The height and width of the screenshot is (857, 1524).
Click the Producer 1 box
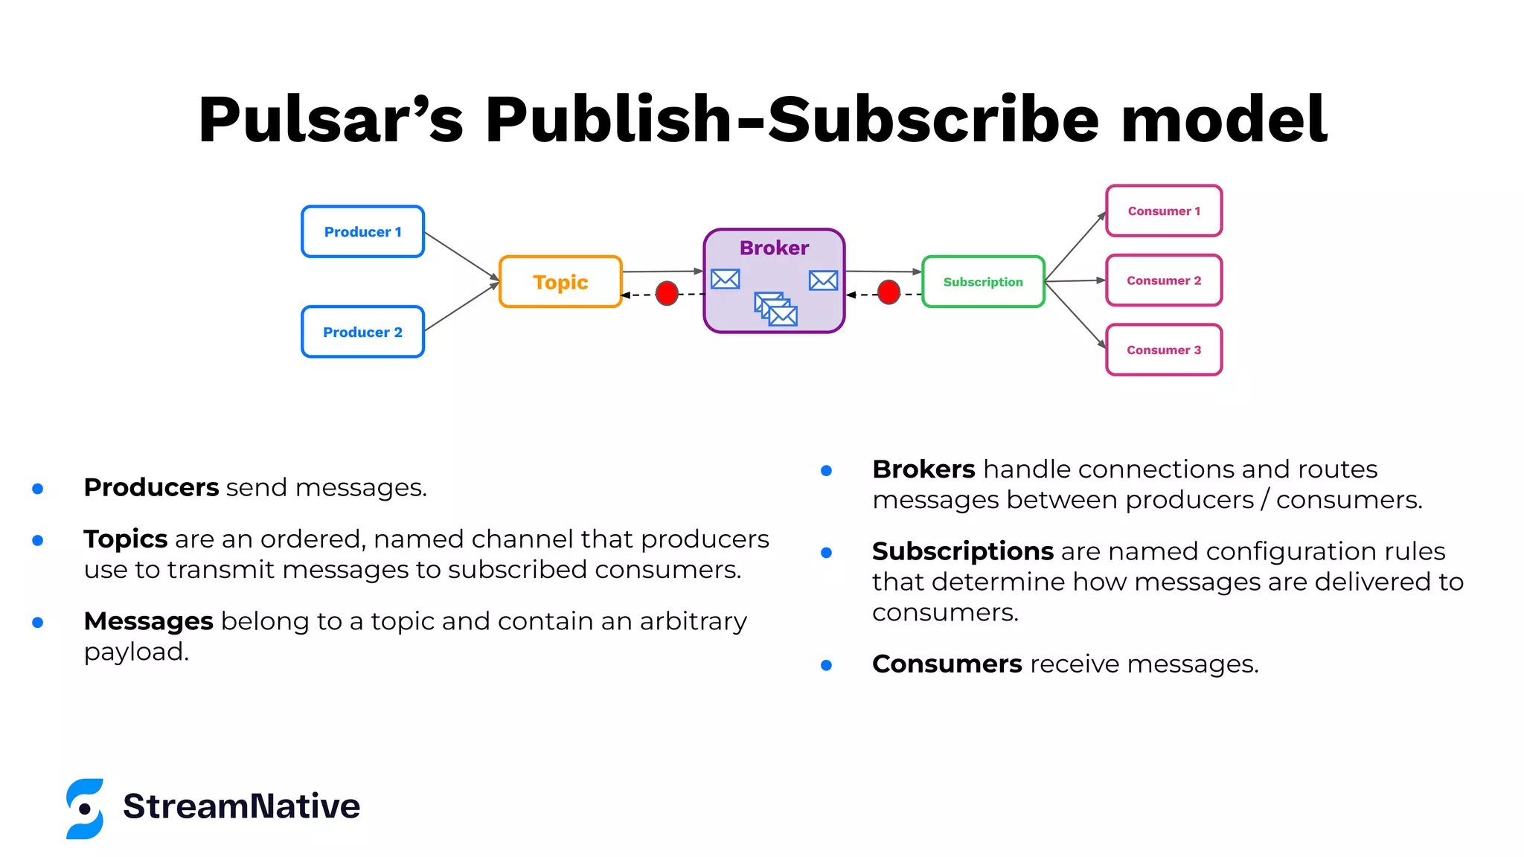(362, 232)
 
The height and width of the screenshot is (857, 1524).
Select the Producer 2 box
(362, 332)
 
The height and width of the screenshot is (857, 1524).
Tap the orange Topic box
(560, 282)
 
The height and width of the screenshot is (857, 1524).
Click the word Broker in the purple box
(774, 248)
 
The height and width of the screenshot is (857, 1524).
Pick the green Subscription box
(983, 282)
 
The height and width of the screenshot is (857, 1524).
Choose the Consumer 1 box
(1164, 211)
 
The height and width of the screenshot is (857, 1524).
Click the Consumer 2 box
(1164, 280)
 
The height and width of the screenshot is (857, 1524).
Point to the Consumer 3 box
(1164, 350)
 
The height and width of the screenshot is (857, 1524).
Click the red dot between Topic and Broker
(667, 293)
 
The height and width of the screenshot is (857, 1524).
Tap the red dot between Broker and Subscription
(889, 292)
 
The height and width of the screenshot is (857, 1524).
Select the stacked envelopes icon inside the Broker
(775, 309)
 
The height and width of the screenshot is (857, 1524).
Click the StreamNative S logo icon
(85, 809)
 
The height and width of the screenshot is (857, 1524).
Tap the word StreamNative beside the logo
(241, 806)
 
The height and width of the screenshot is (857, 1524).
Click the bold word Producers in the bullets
(151, 487)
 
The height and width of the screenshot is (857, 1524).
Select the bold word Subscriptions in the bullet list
(962, 551)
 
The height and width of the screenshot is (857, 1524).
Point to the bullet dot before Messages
(38, 623)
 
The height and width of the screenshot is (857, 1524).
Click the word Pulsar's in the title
(330, 120)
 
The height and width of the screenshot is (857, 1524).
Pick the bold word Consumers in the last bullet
(947, 664)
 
